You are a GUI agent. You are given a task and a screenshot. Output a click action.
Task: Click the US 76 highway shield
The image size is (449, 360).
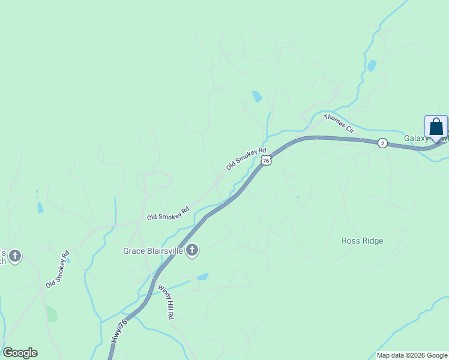tap(266, 160)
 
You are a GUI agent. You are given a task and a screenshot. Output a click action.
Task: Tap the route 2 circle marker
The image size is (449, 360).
tap(382, 143)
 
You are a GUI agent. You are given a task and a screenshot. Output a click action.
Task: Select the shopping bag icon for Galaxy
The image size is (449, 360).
tap(436, 127)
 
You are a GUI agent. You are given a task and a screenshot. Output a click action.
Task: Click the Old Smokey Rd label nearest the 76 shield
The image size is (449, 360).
tap(246, 158)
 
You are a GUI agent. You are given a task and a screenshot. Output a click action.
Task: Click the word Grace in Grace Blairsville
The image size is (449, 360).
tap(135, 251)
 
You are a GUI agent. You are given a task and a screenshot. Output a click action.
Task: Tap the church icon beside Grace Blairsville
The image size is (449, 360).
tap(192, 250)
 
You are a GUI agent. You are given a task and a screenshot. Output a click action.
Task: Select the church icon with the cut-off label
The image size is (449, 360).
tap(15, 257)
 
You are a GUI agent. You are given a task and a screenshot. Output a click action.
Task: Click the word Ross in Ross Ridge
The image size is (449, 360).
tap(351, 241)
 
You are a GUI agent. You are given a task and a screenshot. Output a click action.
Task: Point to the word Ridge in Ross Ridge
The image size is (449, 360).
tap(373, 241)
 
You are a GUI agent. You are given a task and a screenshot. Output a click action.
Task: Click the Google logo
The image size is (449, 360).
tap(20, 353)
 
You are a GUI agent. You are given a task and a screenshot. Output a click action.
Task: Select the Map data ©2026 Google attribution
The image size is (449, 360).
tap(412, 355)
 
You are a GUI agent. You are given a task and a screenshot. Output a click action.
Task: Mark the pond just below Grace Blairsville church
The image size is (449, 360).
tap(203, 277)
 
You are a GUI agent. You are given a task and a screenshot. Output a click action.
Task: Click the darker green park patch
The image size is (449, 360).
tap(52, 314)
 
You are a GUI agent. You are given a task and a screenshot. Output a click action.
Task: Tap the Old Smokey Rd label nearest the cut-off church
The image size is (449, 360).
tap(58, 268)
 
